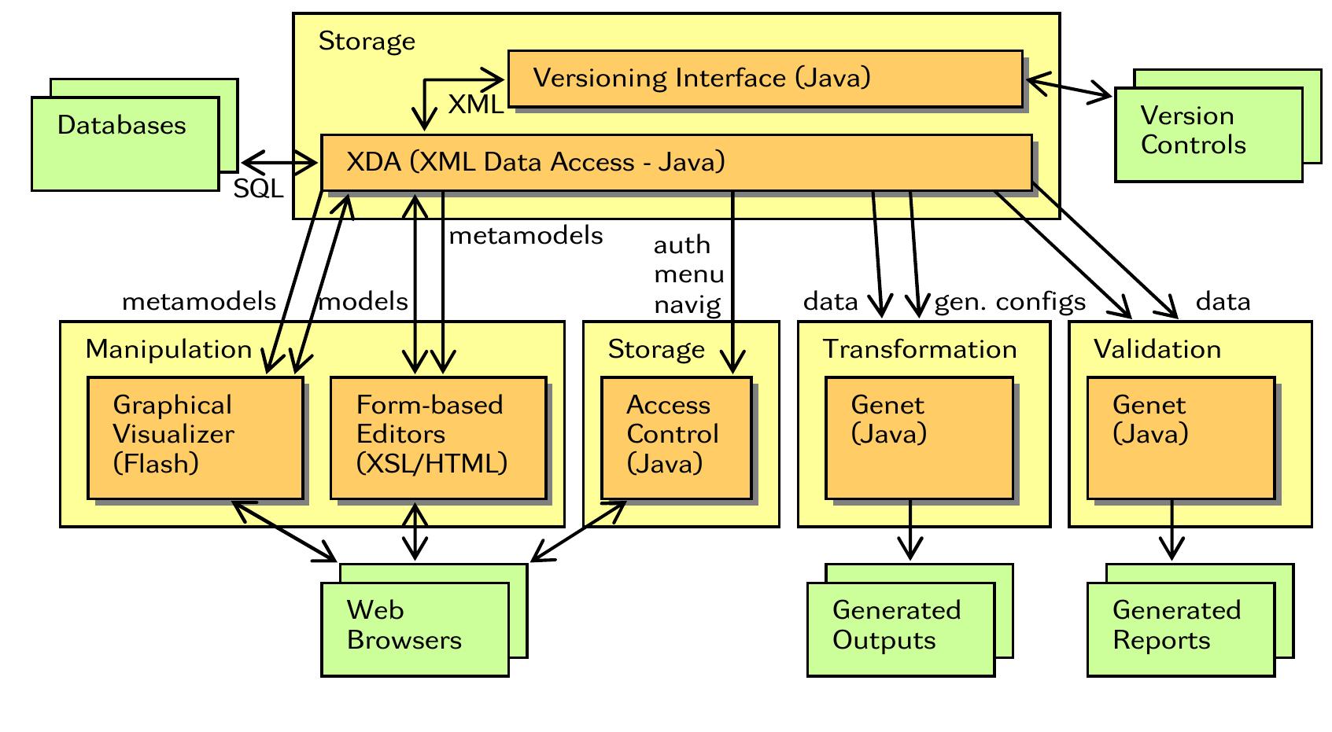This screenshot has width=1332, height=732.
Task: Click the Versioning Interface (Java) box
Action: click(765, 79)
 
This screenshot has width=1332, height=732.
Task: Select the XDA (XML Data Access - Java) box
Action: click(677, 163)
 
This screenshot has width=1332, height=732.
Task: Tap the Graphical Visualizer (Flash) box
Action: click(195, 438)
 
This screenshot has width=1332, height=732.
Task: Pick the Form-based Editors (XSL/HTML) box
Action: click(438, 438)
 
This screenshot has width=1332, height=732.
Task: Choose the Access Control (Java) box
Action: click(677, 438)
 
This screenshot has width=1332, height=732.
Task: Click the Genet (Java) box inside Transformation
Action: click(919, 438)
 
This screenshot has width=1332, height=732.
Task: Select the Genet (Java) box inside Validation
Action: click(1180, 438)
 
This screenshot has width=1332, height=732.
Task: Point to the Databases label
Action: click(122, 126)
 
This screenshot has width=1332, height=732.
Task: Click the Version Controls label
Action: click(1193, 131)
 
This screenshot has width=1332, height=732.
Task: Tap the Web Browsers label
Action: click(404, 625)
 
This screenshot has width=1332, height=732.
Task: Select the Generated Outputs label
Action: click(896, 625)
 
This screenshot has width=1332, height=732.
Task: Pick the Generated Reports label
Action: click(1176, 625)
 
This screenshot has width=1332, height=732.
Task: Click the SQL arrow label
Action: click(258, 189)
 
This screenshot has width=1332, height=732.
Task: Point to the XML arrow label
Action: click(475, 105)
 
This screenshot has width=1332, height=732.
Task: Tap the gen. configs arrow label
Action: click(1009, 302)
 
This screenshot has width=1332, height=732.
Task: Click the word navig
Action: click(687, 304)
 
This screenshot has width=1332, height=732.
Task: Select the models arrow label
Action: click(363, 302)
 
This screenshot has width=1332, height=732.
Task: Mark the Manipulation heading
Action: click(168, 349)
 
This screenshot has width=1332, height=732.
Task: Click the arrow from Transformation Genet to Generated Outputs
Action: click(910, 531)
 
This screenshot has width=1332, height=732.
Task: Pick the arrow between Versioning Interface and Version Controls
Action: click(1068, 88)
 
